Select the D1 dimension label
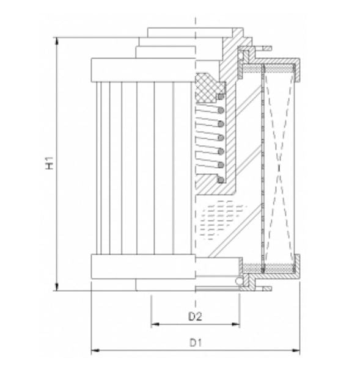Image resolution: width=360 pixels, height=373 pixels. point(194,343)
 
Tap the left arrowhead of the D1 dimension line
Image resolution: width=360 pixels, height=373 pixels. point(95,352)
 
